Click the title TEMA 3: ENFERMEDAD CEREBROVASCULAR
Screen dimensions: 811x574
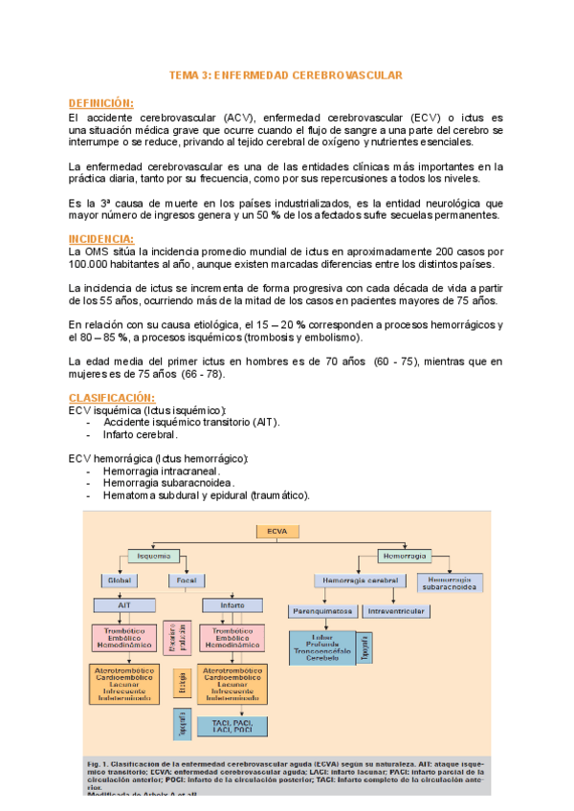coord(286,75)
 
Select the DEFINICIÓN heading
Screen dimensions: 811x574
coord(100,103)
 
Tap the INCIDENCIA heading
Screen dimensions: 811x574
coord(100,238)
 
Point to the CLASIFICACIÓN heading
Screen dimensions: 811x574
coord(111,397)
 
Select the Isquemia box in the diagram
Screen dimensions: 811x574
coord(154,556)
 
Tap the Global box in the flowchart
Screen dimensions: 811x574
coord(120,581)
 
